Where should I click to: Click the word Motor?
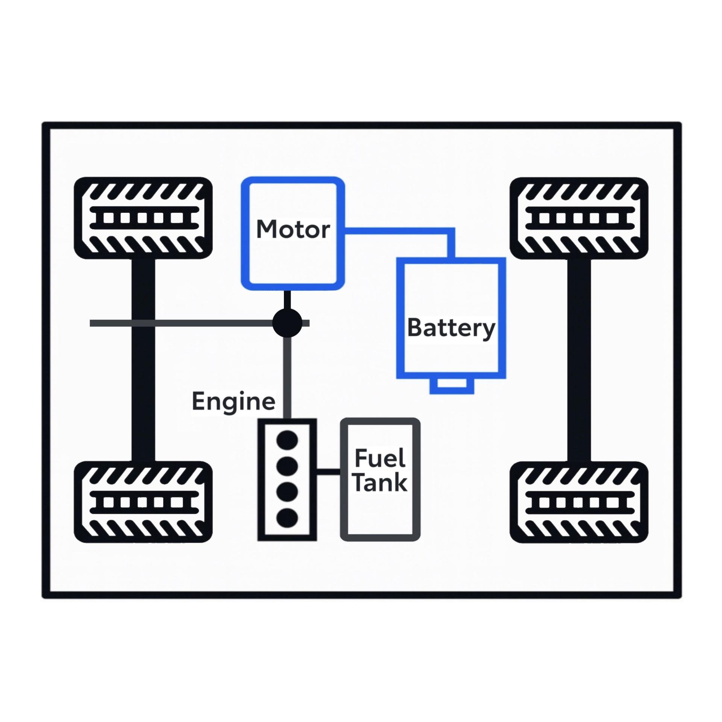(293, 229)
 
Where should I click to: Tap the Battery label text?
(451, 328)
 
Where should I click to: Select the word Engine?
(234, 401)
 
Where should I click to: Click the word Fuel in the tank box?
(380, 458)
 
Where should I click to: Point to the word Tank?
(380, 482)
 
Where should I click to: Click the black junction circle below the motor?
(287, 323)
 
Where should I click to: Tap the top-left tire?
(143, 218)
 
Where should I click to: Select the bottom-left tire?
(143, 502)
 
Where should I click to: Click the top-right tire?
(579, 218)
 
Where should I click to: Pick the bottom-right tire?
(579, 502)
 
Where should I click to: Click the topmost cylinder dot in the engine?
(287, 440)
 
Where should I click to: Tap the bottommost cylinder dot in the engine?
(287, 518)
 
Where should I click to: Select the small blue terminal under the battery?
(452, 386)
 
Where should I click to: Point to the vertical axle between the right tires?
(579, 360)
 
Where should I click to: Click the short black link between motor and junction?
(287, 300)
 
